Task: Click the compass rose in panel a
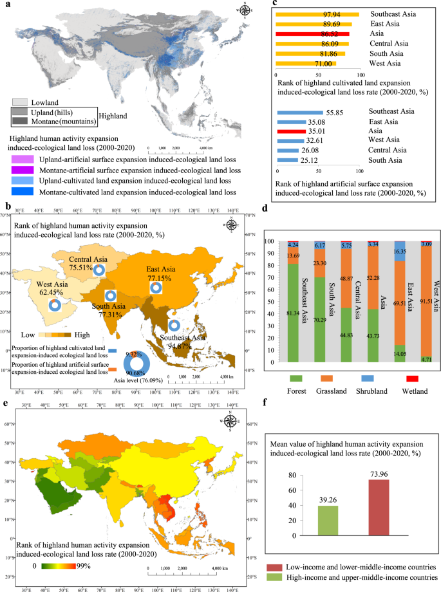tap(245, 11)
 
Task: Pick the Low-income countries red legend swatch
tap(272, 568)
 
